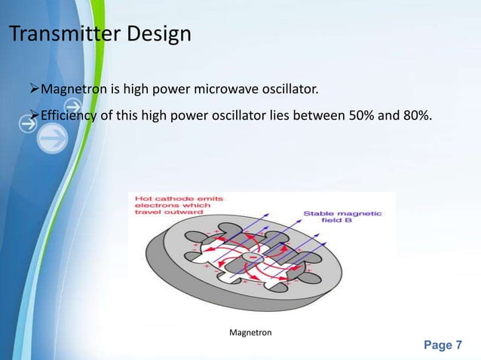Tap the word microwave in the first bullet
click(x=225, y=91)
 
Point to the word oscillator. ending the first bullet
click(x=290, y=91)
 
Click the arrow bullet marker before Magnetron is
click(x=32, y=91)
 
